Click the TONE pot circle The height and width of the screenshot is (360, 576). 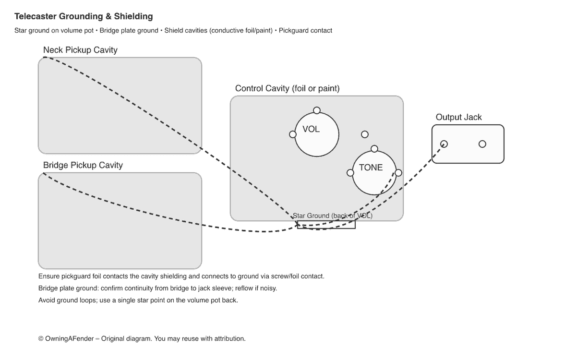click(374, 173)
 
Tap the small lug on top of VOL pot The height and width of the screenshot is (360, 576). click(317, 110)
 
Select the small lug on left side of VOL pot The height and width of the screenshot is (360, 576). click(293, 134)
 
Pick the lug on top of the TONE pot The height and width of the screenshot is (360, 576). click(374, 149)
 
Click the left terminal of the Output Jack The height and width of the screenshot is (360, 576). click(444, 144)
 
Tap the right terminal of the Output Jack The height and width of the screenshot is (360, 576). click(482, 144)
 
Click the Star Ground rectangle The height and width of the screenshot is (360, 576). click(326, 225)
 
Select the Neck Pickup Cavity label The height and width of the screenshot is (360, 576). click(80, 50)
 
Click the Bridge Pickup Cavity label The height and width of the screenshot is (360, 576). click(83, 165)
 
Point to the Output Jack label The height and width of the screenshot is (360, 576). click(458, 117)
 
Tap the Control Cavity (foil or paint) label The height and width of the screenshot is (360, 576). click(288, 88)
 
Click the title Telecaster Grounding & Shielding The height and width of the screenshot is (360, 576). click(84, 17)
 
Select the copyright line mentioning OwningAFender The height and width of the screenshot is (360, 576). click(142, 338)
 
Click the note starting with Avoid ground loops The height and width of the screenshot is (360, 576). click(138, 300)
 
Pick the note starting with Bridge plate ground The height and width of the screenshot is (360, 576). click(157, 288)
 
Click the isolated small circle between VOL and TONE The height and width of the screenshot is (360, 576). click(365, 134)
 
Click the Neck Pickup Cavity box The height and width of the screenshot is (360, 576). click(120, 106)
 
